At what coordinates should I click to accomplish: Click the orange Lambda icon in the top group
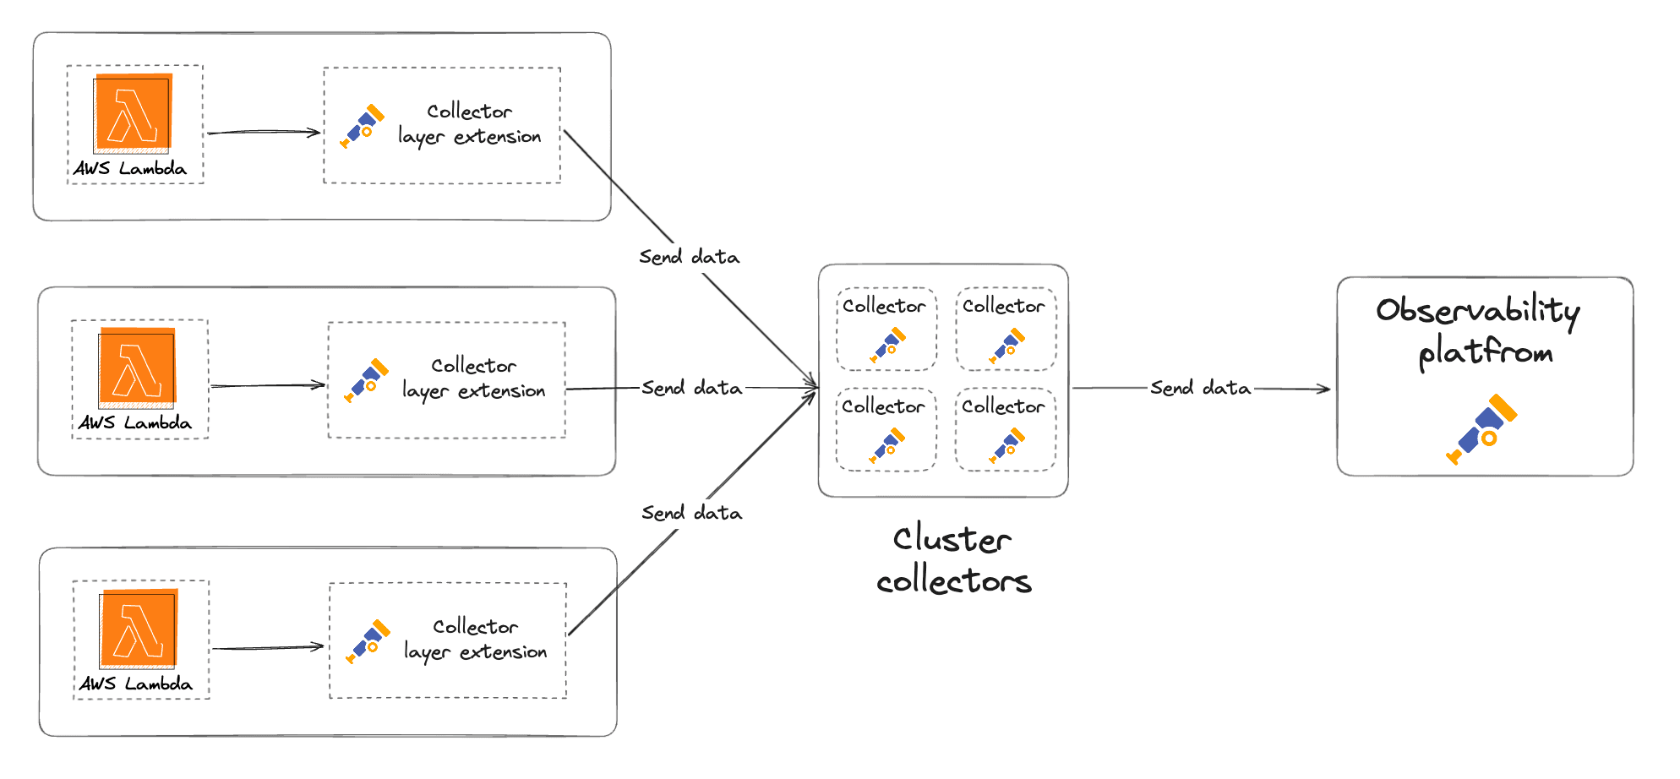coord(133,113)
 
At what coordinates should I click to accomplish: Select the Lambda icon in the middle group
coord(137,367)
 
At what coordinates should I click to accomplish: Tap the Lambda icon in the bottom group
coord(139,628)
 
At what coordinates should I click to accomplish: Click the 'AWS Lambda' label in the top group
coord(130,168)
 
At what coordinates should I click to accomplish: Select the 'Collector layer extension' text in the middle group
coord(473,379)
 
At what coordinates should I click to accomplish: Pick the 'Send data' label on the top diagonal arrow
coord(689,257)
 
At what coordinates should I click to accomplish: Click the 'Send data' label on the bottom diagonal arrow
coord(691,513)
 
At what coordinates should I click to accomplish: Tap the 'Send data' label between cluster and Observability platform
coord(1200,388)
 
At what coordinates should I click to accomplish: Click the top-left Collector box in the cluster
coord(886,330)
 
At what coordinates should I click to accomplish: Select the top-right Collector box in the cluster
coord(1006,330)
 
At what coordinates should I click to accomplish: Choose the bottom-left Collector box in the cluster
coord(886,429)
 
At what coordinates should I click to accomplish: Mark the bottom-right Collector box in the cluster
coord(1006,429)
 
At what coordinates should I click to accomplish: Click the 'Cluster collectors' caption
coord(953,559)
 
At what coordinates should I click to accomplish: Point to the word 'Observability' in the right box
coord(1477,310)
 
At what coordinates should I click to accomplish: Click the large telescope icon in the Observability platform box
coord(1481,428)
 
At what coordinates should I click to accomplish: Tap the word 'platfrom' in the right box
coord(1485,351)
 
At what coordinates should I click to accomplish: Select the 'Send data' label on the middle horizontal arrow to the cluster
coord(691,388)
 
